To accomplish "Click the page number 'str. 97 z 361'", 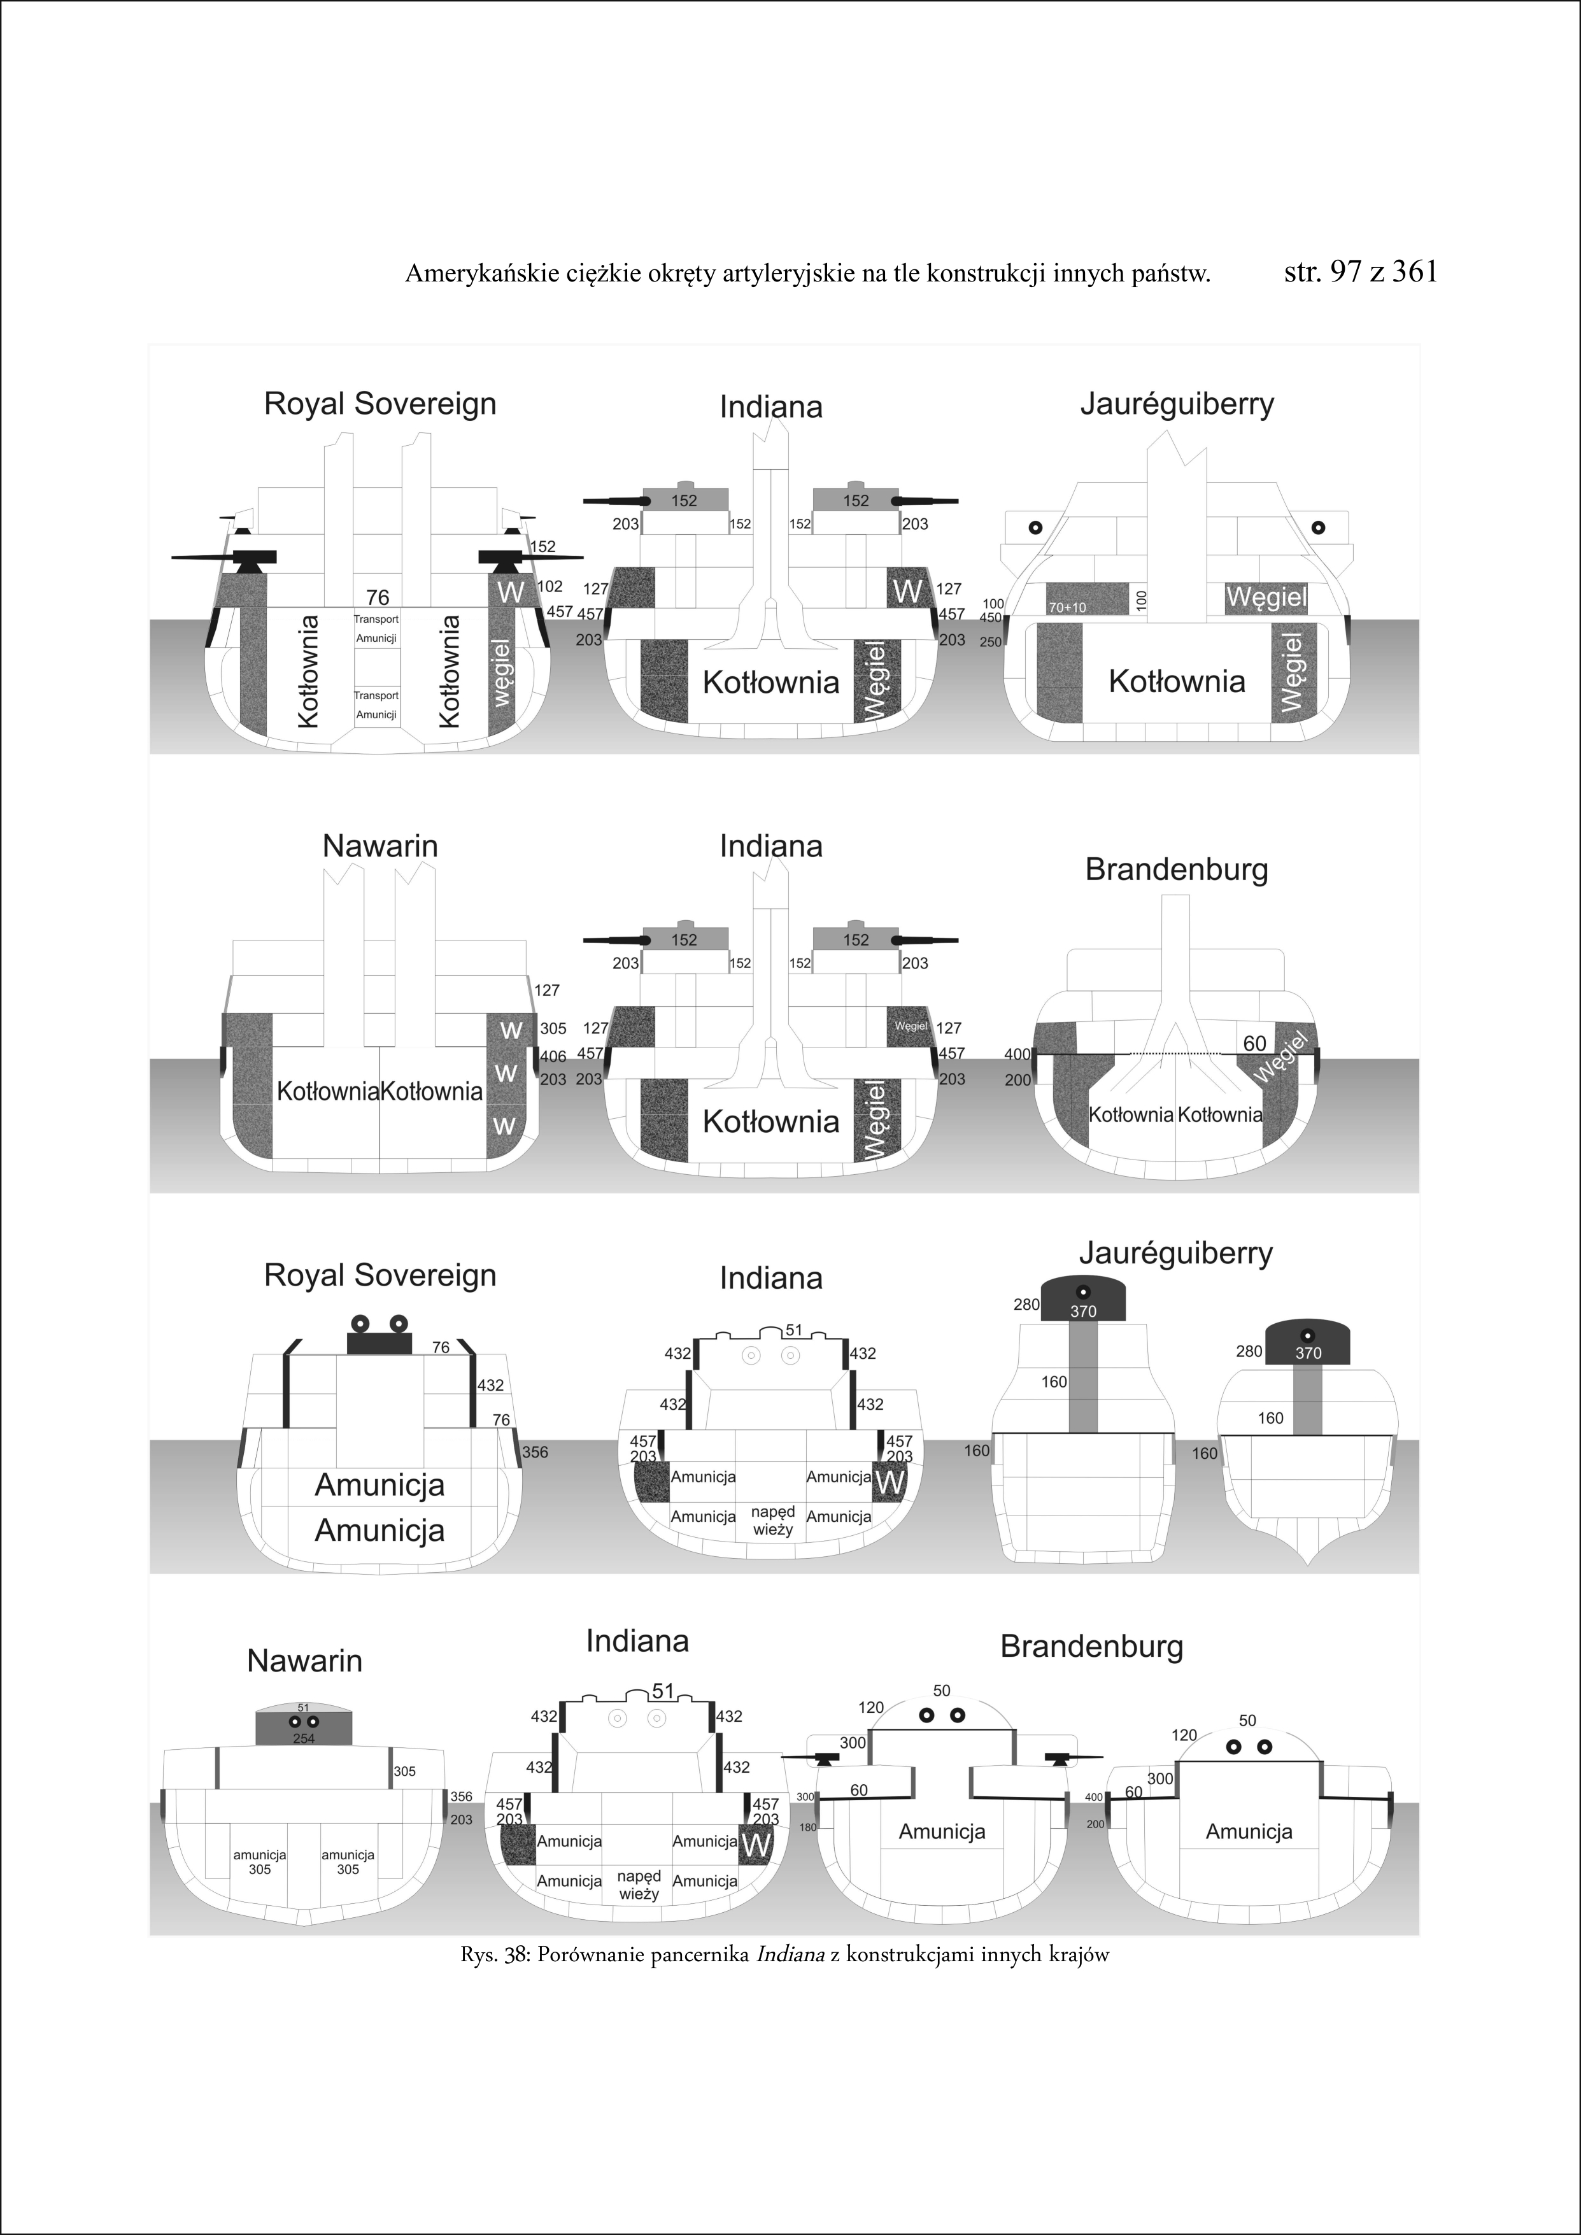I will point(1360,272).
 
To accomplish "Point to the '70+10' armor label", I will point(1067,607).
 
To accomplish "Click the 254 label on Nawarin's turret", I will point(304,1738).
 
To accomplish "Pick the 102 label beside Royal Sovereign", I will point(550,587).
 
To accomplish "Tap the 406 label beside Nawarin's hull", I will point(553,1056).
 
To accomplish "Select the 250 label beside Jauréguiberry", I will point(990,642).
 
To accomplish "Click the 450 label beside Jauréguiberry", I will point(990,617).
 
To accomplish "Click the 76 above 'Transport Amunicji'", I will point(377,598).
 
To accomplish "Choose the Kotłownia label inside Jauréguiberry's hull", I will point(1176,681).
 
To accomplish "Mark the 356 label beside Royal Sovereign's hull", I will point(534,1452).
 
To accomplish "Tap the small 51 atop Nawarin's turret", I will point(303,1707).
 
